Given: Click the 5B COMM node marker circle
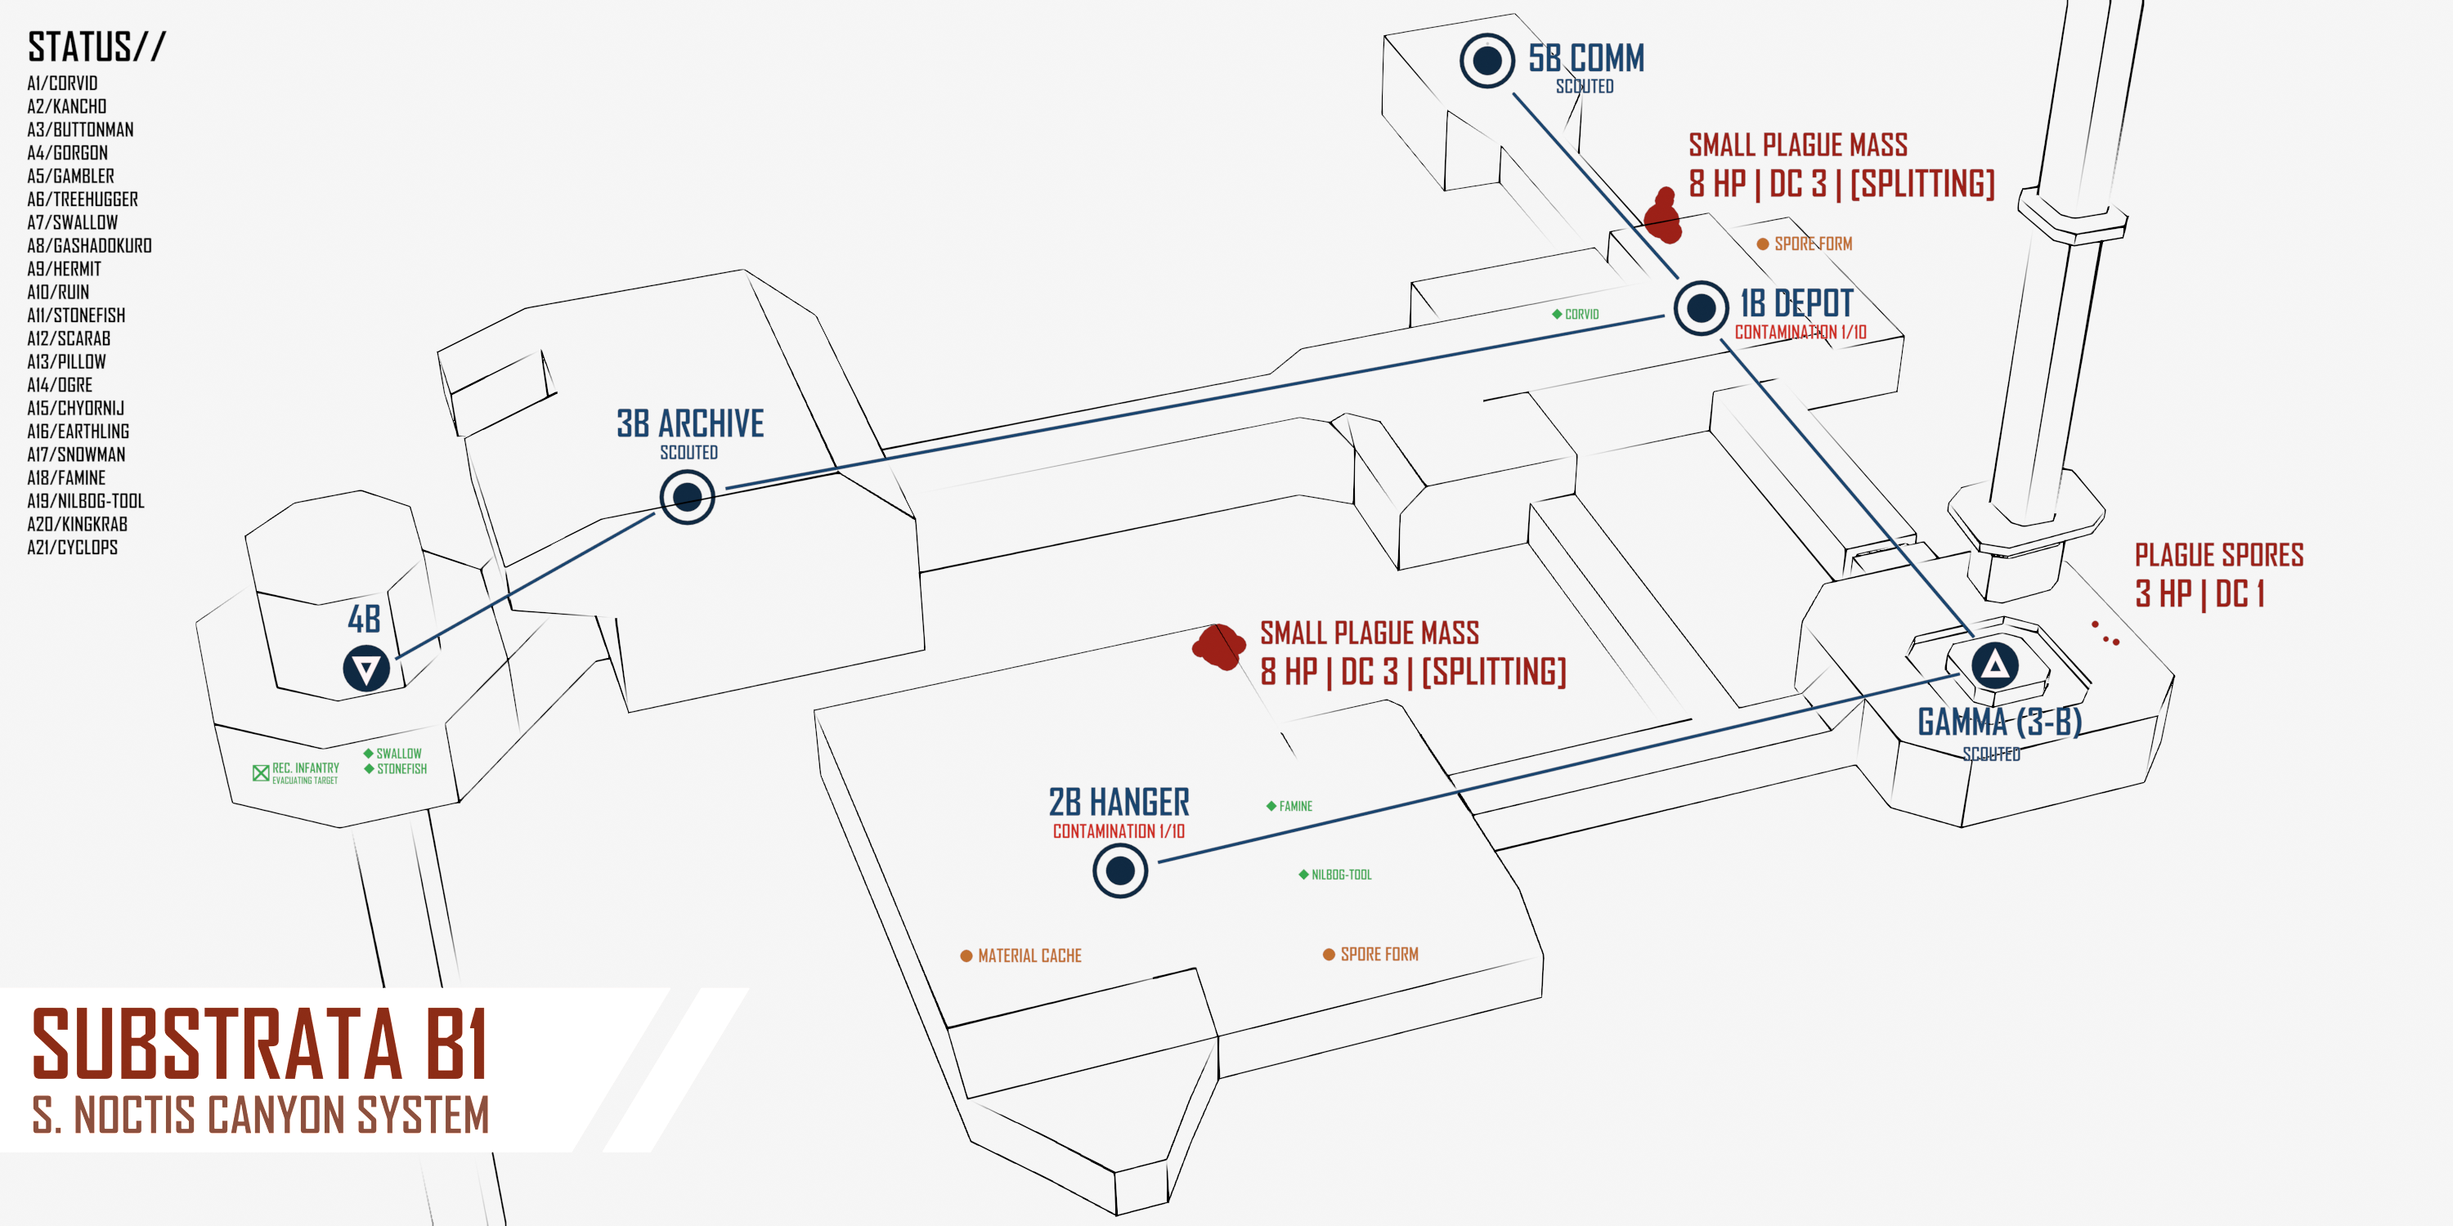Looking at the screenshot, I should pos(1487,61).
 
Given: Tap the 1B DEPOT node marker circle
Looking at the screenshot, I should pos(1701,308).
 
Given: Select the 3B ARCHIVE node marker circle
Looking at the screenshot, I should pos(688,497).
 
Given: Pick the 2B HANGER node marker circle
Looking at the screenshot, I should pos(1120,870).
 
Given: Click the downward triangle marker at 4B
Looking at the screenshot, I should pos(366,669).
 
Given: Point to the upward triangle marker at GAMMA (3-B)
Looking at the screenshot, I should pos(1995,664).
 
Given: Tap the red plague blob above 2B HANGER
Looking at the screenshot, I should pos(1218,647).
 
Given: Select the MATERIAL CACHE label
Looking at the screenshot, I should pos(1029,955).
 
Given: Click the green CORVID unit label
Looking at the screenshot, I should pos(1581,314).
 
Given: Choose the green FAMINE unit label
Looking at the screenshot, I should pos(1295,806).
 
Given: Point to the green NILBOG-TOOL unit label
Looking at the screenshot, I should pos(1341,875).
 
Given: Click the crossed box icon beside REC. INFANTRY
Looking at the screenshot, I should pos(261,773).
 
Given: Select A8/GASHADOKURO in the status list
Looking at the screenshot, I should pos(89,245).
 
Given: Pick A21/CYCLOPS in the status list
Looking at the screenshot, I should pos(73,548).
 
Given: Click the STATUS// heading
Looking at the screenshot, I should pos(96,47).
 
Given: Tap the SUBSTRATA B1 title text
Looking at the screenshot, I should pos(260,1045).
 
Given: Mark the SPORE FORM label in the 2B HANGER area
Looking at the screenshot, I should pos(1378,954).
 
